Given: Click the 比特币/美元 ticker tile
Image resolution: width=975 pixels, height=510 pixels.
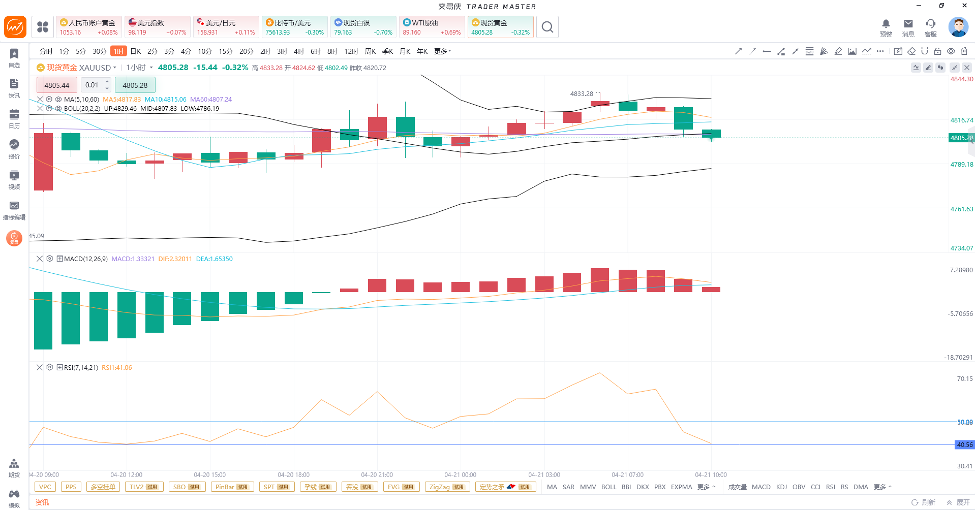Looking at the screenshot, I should [x=294, y=27].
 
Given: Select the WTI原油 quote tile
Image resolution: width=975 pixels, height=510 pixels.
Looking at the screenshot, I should [x=432, y=27].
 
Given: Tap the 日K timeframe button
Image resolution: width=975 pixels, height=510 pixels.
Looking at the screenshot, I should [x=136, y=51].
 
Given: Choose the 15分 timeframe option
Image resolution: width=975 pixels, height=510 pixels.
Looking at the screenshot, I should [x=225, y=51].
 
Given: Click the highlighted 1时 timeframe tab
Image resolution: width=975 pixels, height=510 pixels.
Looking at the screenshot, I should [x=118, y=51].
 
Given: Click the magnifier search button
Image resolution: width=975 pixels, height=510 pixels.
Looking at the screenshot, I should [x=547, y=27].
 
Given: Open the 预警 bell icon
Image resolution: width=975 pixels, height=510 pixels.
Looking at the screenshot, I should [x=886, y=27].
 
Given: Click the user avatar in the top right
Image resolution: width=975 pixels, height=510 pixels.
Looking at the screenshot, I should [x=958, y=27].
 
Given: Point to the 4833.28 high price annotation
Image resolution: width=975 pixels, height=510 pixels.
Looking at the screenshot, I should [x=582, y=94].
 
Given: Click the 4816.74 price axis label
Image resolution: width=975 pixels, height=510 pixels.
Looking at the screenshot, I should [x=961, y=120].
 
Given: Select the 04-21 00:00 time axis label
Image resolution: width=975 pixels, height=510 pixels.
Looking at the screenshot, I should [x=460, y=475].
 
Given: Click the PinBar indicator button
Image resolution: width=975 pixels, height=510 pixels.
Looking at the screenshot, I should [x=232, y=487].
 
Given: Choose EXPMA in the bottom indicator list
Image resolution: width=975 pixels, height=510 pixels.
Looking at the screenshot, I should [x=681, y=487].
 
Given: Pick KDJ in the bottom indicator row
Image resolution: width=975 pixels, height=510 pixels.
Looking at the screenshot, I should [x=781, y=487].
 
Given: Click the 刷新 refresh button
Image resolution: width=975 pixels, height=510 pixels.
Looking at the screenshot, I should [x=924, y=502].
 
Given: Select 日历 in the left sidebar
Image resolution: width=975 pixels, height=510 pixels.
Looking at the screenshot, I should [x=14, y=119].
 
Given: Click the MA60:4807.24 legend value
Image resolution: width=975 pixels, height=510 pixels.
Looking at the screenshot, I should [x=211, y=100].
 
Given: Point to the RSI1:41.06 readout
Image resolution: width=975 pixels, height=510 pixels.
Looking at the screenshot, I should [x=117, y=368].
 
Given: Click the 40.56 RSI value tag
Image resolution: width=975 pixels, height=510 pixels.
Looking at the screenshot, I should [x=964, y=445].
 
